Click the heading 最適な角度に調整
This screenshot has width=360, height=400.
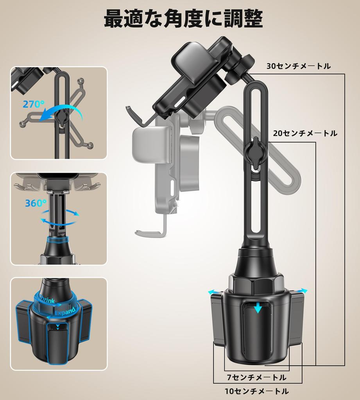coord(183,18)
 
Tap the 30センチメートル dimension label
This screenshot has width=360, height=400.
coord(299,66)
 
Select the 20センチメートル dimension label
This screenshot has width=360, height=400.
coord(305,133)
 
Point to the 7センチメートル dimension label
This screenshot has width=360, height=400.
coord(256,377)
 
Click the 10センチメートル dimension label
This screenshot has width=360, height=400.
coord(256,391)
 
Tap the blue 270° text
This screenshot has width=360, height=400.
coord(34,104)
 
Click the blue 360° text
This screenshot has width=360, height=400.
coord(36,203)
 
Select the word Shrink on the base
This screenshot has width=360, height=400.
coord(47,300)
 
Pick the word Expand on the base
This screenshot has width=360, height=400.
coord(65,311)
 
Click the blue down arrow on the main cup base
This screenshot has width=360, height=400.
coord(258,308)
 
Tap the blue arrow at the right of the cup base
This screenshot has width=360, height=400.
coord(301,291)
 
